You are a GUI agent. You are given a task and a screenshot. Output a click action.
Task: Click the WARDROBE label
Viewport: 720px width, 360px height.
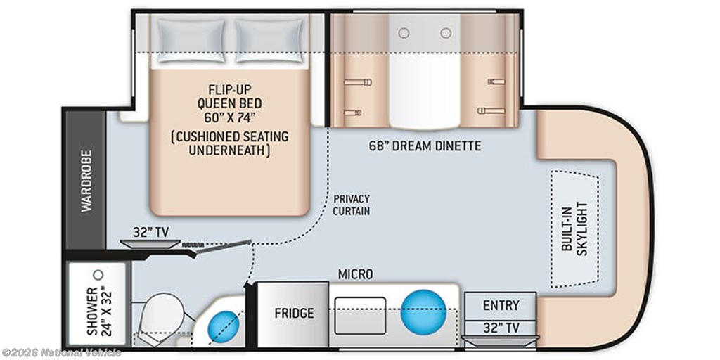point(86,181)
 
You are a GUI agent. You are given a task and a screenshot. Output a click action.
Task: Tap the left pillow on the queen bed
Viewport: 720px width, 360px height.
point(191,40)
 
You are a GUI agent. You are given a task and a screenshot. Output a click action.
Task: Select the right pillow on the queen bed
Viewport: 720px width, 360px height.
point(269,40)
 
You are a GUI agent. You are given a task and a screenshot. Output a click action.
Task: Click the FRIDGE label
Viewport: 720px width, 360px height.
point(295,313)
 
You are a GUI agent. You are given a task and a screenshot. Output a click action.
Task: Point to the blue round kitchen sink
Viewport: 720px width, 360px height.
point(423,311)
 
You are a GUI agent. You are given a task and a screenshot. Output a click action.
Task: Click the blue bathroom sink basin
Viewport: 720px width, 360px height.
point(224,326)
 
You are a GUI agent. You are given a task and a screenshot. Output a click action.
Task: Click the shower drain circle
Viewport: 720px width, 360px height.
point(98,275)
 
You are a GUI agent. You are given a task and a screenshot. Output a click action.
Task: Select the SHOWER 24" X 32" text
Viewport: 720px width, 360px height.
point(98,310)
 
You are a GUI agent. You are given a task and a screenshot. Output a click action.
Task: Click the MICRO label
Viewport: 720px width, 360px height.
point(355,274)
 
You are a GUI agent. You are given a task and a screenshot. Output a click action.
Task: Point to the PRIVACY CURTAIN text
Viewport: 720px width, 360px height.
point(352,205)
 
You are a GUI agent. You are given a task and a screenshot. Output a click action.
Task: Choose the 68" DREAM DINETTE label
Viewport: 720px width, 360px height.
point(425,146)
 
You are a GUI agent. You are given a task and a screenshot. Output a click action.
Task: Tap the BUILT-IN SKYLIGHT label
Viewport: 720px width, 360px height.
point(574,229)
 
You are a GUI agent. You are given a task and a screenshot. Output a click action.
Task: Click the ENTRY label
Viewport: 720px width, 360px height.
point(501,305)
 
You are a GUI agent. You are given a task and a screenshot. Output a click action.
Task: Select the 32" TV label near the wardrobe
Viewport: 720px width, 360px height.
point(149,231)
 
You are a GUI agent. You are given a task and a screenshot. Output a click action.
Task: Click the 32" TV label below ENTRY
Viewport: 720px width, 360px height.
point(501,328)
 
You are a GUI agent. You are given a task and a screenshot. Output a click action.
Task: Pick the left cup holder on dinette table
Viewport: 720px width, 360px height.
point(404,33)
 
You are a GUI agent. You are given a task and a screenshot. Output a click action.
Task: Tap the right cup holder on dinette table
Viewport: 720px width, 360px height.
point(446,33)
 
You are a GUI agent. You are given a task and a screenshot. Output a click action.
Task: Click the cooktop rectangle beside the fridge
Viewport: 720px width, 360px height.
point(360,316)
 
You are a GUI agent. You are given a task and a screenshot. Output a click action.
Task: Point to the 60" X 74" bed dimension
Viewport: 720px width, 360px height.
point(230,117)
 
